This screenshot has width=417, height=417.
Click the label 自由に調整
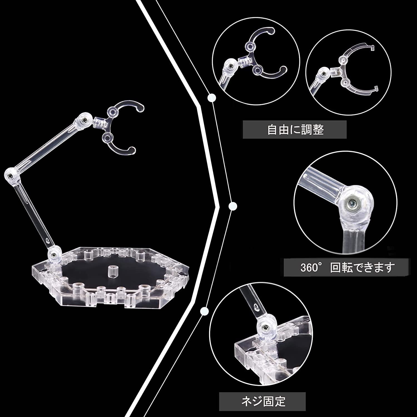[295, 130]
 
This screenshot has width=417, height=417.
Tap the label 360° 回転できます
[348, 267]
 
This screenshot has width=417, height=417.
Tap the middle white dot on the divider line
[232, 206]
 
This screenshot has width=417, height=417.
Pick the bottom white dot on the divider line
[204, 311]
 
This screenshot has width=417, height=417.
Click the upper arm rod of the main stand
[46, 149]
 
